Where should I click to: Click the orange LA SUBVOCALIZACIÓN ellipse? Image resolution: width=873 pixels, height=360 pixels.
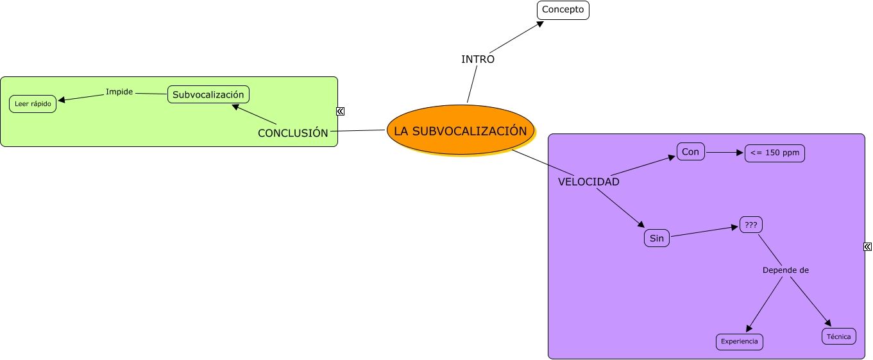tap(461, 130)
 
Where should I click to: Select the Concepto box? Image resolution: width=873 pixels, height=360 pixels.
tap(563, 10)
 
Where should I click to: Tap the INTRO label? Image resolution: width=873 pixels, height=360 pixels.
tap(478, 59)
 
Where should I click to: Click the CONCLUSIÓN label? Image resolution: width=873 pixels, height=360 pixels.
tap(292, 133)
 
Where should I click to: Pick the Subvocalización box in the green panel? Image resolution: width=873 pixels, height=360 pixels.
tap(208, 94)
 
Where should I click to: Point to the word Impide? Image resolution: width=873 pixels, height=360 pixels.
tap(119, 92)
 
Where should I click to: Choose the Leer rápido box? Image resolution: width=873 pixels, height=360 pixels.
tap(33, 103)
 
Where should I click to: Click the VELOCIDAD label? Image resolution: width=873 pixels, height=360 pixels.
tap(588, 182)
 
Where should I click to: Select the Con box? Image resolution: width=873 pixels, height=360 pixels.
tap(690, 151)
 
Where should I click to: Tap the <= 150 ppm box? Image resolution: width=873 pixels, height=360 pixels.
tap(774, 153)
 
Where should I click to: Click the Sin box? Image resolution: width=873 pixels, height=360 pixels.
tap(656, 238)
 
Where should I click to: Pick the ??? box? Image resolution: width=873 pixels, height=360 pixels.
tap(750, 225)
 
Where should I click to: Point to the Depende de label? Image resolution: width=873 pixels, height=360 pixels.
tap(785, 270)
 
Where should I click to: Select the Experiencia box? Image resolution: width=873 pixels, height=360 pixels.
tap(739, 341)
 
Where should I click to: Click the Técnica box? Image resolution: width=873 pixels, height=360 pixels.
tap(838, 336)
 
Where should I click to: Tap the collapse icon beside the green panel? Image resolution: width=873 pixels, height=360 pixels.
tap(341, 111)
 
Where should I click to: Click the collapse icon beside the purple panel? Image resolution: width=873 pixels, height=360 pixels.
tap(867, 246)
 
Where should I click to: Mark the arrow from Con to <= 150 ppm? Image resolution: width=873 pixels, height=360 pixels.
tap(724, 153)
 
